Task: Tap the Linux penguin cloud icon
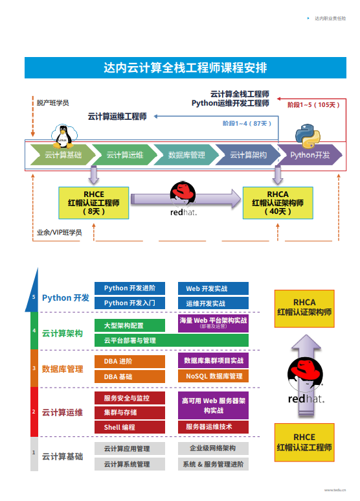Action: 63,135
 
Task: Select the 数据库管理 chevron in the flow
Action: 186,155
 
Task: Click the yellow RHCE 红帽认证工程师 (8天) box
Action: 93,202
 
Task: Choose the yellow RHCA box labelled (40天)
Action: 277,202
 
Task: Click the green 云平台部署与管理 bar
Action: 172,340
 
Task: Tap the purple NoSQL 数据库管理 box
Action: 213,376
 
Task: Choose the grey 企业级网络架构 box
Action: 213,448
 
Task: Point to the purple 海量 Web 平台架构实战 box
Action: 213,323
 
